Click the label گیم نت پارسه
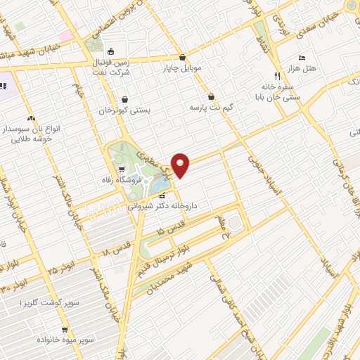210,108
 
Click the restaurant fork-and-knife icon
276,74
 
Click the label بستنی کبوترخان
124,111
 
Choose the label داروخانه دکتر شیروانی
162,207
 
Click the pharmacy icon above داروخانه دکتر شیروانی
162,195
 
